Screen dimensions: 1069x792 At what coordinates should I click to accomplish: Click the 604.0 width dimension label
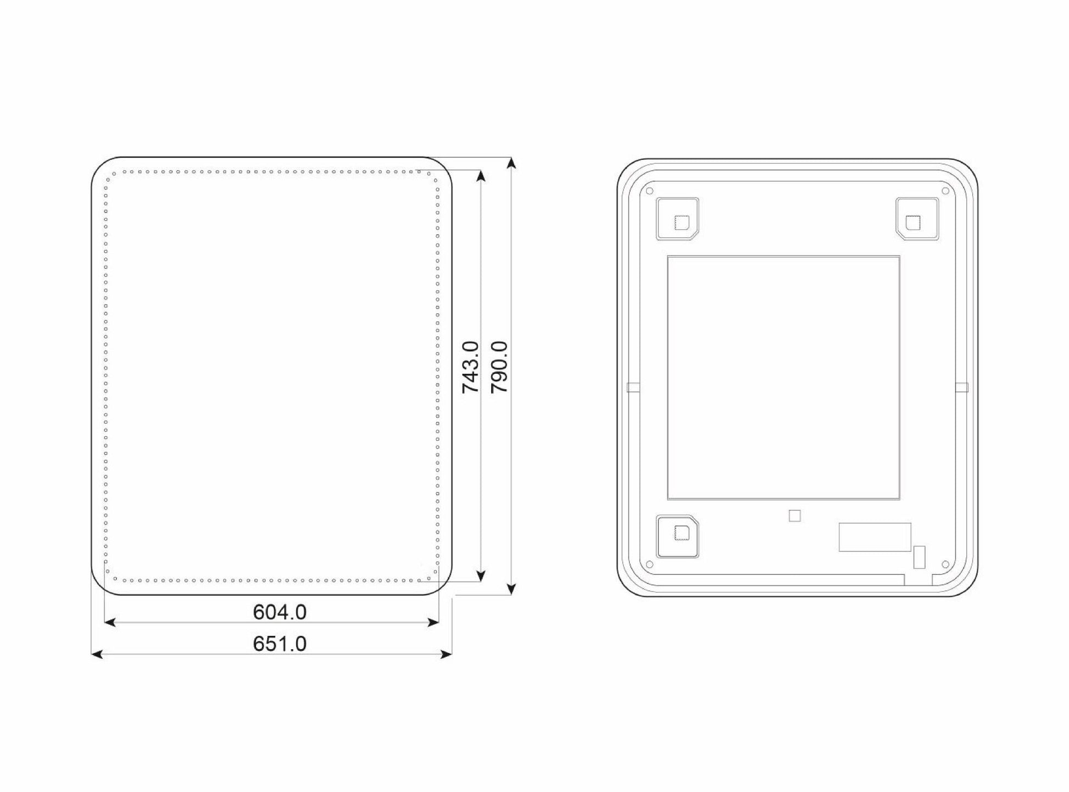click(280, 612)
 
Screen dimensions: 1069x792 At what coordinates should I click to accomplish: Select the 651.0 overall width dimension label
click(280, 644)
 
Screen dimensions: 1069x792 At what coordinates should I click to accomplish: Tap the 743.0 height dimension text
click(471, 367)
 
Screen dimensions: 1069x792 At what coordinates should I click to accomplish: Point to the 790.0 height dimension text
click(499, 367)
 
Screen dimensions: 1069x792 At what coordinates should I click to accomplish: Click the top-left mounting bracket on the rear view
click(677, 219)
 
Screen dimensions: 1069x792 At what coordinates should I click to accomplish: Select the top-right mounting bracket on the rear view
click(917, 219)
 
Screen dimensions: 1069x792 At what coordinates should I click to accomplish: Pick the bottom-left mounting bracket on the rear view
click(677, 536)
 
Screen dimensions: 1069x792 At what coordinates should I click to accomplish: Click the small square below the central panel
click(794, 516)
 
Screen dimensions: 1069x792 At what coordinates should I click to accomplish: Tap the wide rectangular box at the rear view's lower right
click(875, 537)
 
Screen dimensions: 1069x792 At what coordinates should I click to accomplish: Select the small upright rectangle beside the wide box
click(919, 557)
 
